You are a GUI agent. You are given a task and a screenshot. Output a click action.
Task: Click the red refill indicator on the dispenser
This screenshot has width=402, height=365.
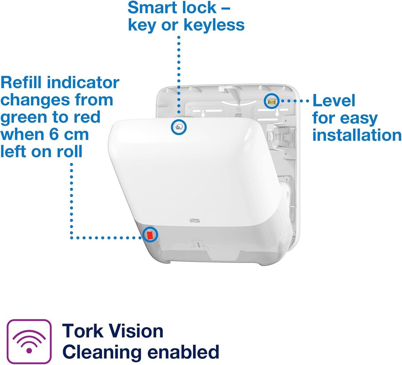[149, 235]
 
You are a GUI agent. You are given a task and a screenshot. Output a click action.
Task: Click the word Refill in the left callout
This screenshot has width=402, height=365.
[21, 82]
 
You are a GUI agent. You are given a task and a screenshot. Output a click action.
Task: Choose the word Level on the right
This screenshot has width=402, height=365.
[334, 101]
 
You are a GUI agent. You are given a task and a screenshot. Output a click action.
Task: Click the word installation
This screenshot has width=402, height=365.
[357, 135]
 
